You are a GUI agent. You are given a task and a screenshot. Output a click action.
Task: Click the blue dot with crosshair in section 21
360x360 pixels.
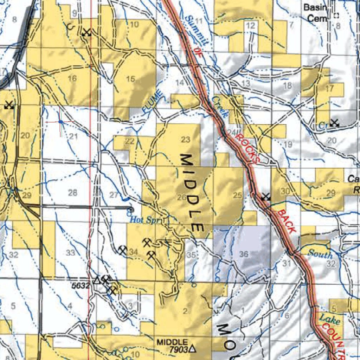click(x=60, y=122)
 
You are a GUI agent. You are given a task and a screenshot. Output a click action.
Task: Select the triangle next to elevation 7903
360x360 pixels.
click(x=192, y=349)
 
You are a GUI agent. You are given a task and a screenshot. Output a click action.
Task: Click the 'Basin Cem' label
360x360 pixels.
click(x=315, y=13)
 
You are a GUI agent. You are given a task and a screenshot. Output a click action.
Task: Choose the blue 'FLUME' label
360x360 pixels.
click(x=153, y=102)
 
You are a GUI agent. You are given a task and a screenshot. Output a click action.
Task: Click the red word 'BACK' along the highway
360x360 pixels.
click(x=286, y=221)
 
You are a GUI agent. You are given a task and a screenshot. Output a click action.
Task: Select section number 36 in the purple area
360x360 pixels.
click(x=244, y=254)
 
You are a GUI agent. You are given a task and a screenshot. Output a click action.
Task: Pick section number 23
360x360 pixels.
click(x=186, y=140)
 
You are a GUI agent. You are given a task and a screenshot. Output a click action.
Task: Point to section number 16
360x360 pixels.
click(x=72, y=78)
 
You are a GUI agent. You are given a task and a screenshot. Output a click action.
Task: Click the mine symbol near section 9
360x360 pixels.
click(x=86, y=32)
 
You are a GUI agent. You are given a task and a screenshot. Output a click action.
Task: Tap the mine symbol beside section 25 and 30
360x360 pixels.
click(x=266, y=197)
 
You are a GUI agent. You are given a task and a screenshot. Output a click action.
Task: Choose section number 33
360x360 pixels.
click(x=70, y=252)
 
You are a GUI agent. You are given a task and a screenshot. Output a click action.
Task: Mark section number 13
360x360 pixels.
click(x=246, y=83)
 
